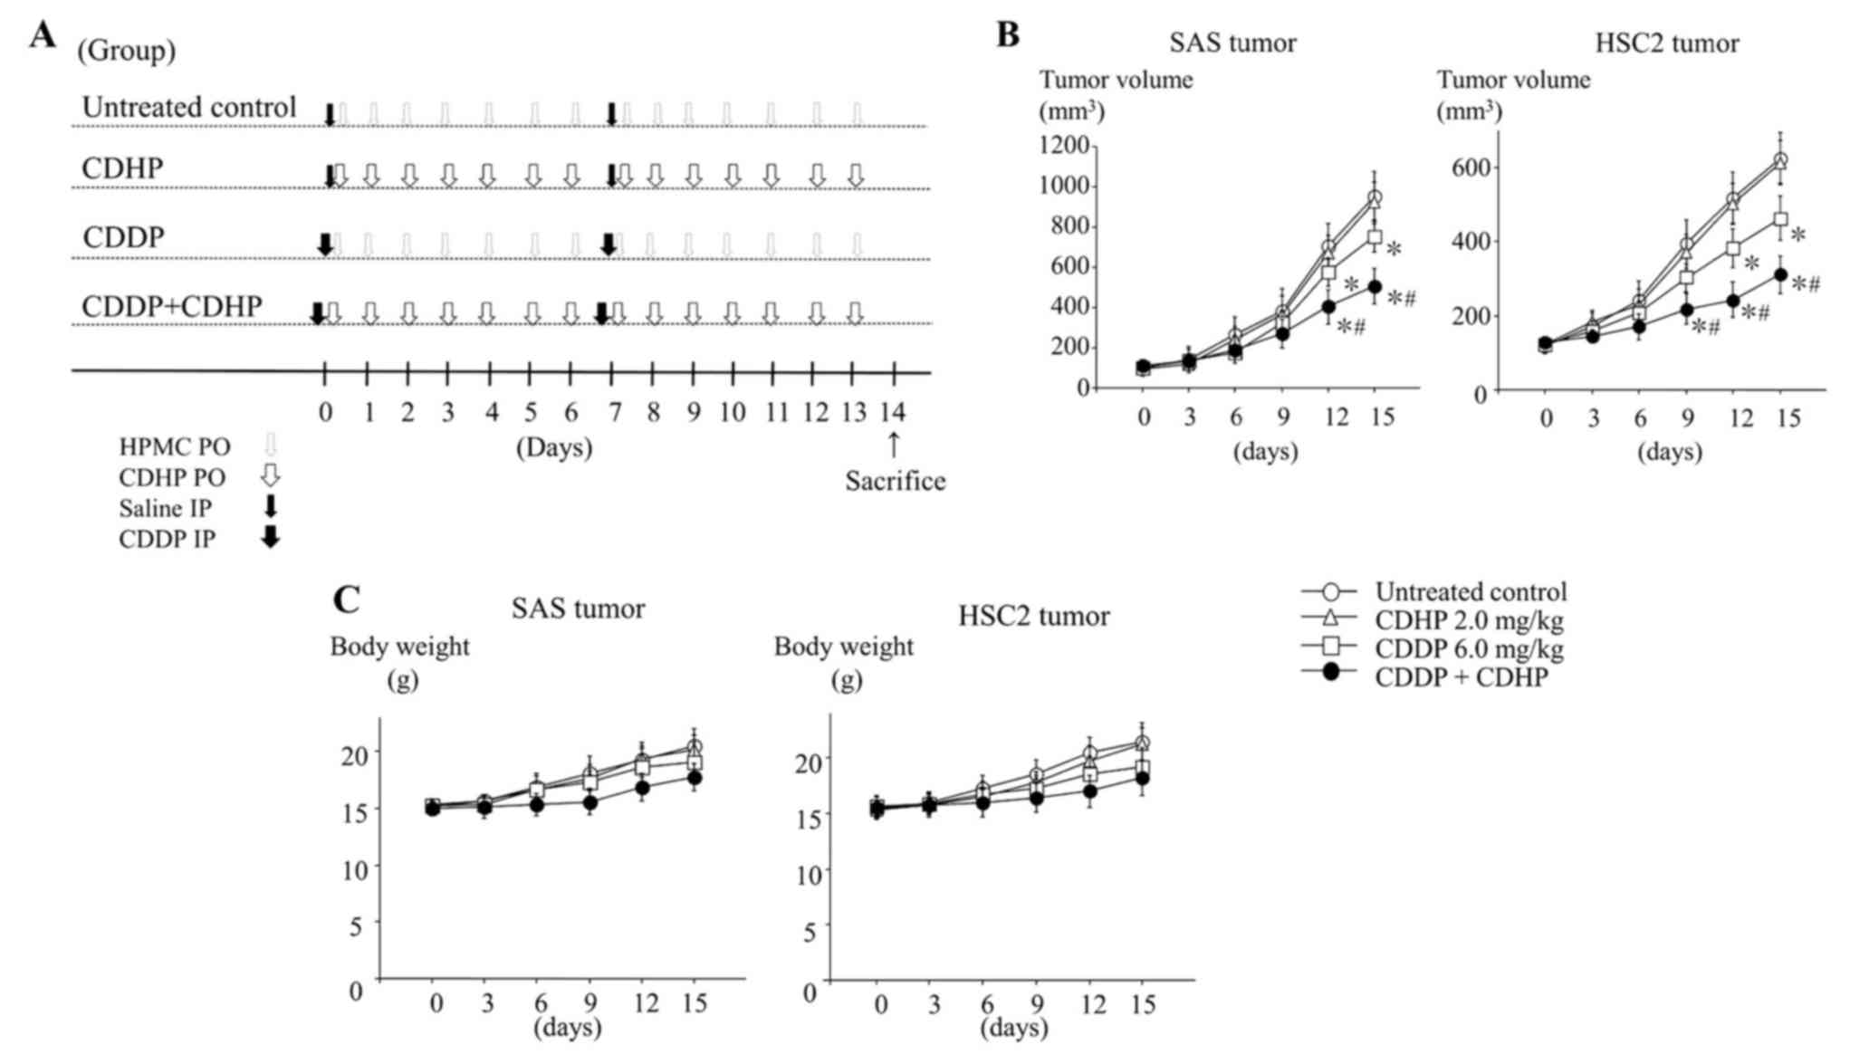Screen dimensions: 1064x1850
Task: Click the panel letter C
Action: [346, 599]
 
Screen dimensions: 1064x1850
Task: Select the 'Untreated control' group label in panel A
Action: [188, 107]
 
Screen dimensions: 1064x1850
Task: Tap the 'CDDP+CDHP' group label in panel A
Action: [171, 307]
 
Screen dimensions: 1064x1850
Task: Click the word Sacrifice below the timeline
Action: [895, 481]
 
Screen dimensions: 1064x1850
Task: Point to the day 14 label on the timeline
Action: [893, 413]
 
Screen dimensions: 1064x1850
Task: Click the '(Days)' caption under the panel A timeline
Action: [554, 447]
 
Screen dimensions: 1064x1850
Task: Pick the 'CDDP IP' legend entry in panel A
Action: [168, 539]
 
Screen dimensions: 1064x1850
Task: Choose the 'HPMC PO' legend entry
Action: [175, 446]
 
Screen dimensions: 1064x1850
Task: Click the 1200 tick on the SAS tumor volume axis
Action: [1064, 145]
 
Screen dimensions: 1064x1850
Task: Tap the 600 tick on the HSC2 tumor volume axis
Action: [1471, 168]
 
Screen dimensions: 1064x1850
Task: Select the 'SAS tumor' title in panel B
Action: [1232, 43]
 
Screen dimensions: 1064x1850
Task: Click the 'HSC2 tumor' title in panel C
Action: [1033, 617]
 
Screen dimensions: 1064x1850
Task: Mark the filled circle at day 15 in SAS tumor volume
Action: [1375, 287]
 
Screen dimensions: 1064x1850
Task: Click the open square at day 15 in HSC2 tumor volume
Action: [1780, 219]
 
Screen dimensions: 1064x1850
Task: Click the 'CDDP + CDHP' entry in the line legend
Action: [1461, 677]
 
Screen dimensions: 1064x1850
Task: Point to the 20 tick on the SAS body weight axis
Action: [355, 754]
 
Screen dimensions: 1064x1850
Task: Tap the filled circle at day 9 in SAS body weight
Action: [590, 802]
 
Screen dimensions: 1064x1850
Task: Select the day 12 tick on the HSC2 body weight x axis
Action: [1094, 1005]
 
